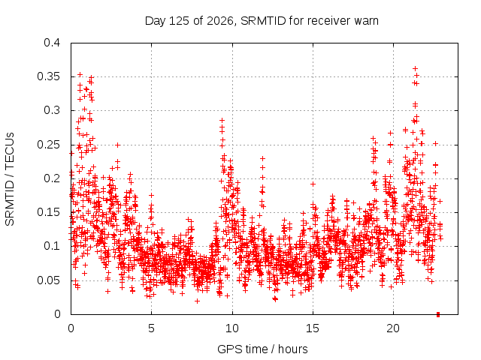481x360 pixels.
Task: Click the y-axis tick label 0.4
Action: [x=52, y=43]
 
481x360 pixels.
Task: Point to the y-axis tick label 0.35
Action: [x=48, y=76]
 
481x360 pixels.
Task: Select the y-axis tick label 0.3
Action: [x=52, y=110]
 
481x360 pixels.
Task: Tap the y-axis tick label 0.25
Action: [x=48, y=145]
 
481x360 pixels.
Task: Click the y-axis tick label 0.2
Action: [x=52, y=178]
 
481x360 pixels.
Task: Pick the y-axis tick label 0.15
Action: [x=48, y=212]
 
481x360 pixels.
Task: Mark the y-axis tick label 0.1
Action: [x=52, y=246]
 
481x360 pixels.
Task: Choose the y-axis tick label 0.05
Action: [x=48, y=280]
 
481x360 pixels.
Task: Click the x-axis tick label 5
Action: [x=151, y=328]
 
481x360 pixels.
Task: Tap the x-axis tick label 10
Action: [x=232, y=328]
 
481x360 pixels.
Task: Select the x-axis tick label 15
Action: [x=313, y=328]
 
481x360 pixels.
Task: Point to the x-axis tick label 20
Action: [x=393, y=328]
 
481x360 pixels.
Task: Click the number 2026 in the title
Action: [x=220, y=21]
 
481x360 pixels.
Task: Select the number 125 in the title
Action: [x=180, y=21]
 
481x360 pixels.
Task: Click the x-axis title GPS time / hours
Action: [x=262, y=349]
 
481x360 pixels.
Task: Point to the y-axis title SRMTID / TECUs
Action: [x=10, y=179]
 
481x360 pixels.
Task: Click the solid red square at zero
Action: [x=438, y=314]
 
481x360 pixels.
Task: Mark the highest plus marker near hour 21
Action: [x=415, y=68]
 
